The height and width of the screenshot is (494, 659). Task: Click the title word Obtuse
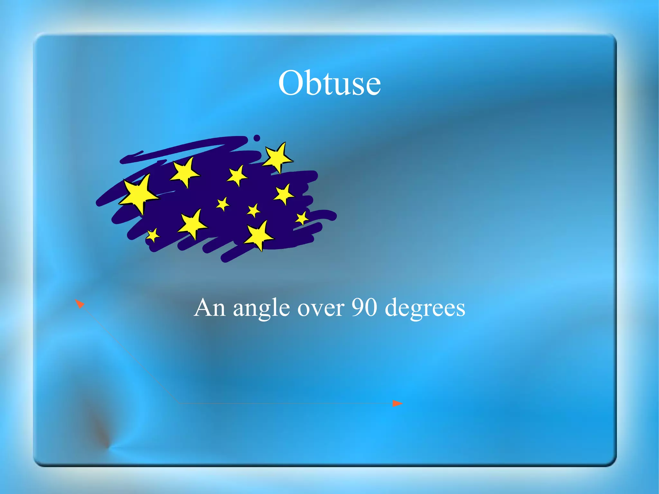tap(329, 83)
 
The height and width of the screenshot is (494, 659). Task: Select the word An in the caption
tap(210, 308)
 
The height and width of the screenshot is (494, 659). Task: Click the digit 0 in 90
tap(370, 307)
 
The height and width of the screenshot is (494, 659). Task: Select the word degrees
tap(425, 309)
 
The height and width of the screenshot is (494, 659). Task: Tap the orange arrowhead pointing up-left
tap(79, 303)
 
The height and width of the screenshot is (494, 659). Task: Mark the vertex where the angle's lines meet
tap(179, 403)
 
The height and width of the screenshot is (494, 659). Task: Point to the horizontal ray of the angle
tap(286, 403)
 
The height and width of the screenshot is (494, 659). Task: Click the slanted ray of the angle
tap(129, 352)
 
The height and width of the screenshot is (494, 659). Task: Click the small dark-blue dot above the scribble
tap(256, 138)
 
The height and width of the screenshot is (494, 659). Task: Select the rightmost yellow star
tap(302, 219)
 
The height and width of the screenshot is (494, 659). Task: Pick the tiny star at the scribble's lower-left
tap(153, 235)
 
